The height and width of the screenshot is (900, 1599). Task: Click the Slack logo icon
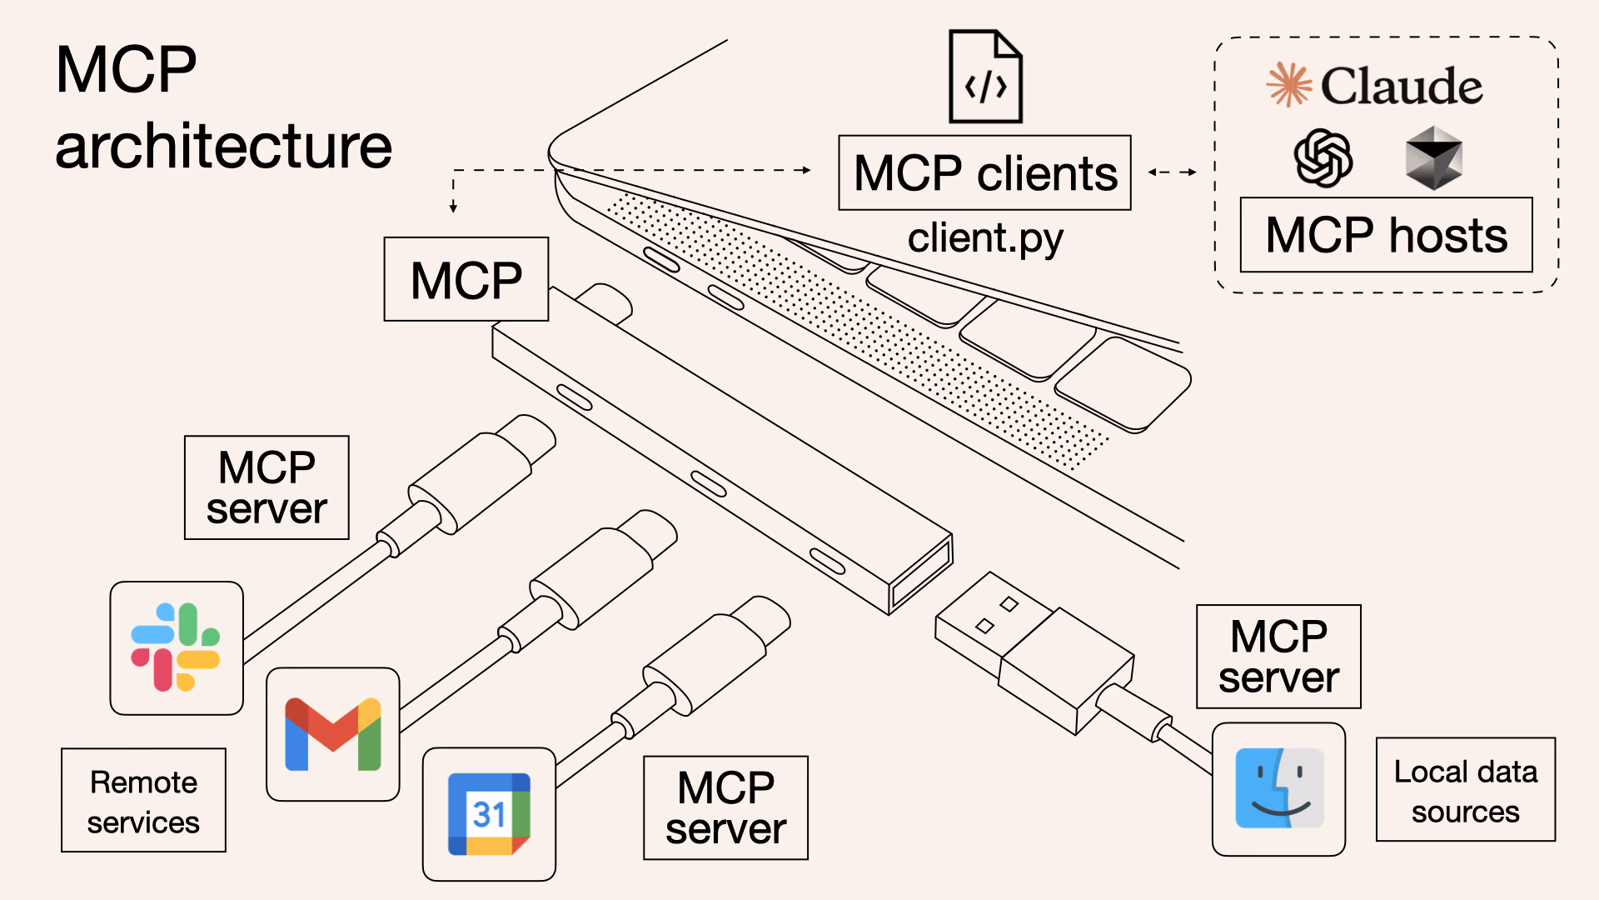click(x=176, y=647)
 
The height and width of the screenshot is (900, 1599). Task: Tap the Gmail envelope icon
click(x=332, y=734)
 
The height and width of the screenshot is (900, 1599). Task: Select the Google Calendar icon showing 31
click(x=489, y=814)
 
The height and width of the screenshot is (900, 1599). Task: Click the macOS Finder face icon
click(x=1278, y=788)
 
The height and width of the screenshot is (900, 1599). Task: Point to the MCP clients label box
click(x=984, y=173)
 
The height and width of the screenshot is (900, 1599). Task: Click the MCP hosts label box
click(x=1386, y=235)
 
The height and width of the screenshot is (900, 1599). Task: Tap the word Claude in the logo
click(x=1401, y=86)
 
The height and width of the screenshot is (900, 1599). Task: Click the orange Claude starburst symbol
click(x=1288, y=85)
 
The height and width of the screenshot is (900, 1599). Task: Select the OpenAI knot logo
click(x=1323, y=158)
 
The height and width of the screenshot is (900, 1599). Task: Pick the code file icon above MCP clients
click(x=985, y=77)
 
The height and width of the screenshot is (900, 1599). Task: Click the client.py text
click(x=984, y=238)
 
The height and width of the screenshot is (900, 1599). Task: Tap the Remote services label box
click(x=143, y=800)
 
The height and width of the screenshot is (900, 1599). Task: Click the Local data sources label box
click(x=1465, y=790)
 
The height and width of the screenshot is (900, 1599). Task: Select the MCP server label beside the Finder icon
click(x=1278, y=657)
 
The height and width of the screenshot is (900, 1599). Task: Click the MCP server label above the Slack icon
click(x=266, y=487)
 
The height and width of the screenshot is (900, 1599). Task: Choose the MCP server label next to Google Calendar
click(x=725, y=807)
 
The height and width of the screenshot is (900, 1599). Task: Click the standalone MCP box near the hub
click(x=466, y=279)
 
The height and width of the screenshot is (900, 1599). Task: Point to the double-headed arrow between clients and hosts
click(x=1172, y=172)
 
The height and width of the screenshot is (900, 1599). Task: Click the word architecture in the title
click(x=223, y=147)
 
